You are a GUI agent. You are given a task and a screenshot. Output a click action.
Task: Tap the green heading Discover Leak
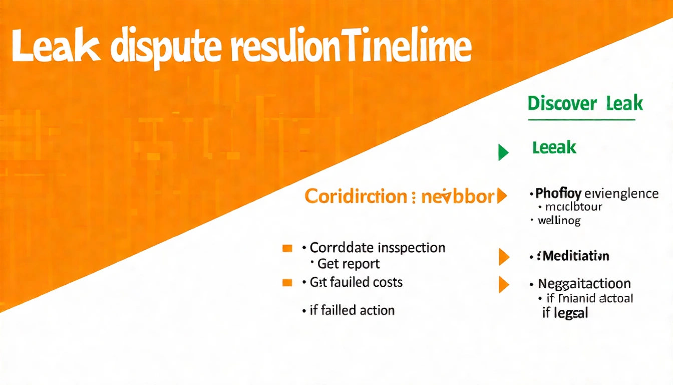[585, 104]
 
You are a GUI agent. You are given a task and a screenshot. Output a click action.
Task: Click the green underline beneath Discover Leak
[581, 120]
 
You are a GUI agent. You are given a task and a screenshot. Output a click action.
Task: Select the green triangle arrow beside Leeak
[503, 152]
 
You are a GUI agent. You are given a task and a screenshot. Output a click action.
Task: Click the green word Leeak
[554, 147]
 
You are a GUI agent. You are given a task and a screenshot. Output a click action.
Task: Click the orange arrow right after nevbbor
[501, 197]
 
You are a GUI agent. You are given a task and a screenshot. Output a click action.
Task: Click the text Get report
[349, 264]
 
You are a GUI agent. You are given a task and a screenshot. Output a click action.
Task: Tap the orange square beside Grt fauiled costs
[287, 283]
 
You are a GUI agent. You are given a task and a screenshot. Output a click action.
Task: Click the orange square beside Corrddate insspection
[287, 248]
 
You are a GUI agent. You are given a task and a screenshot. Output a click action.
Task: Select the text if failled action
[352, 310]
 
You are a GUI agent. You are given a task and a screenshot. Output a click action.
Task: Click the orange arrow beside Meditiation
[503, 257]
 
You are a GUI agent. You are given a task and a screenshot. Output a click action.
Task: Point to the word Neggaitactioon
[584, 284]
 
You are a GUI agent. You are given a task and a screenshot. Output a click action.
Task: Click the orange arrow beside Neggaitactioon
[503, 284]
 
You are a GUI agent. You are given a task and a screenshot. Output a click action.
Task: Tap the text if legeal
[565, 314]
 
